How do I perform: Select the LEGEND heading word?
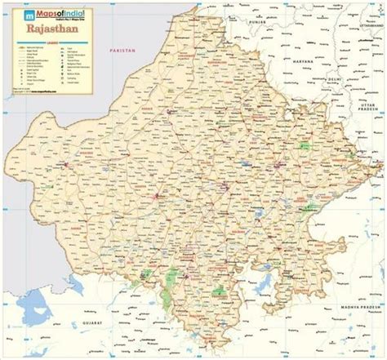(51, 46)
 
